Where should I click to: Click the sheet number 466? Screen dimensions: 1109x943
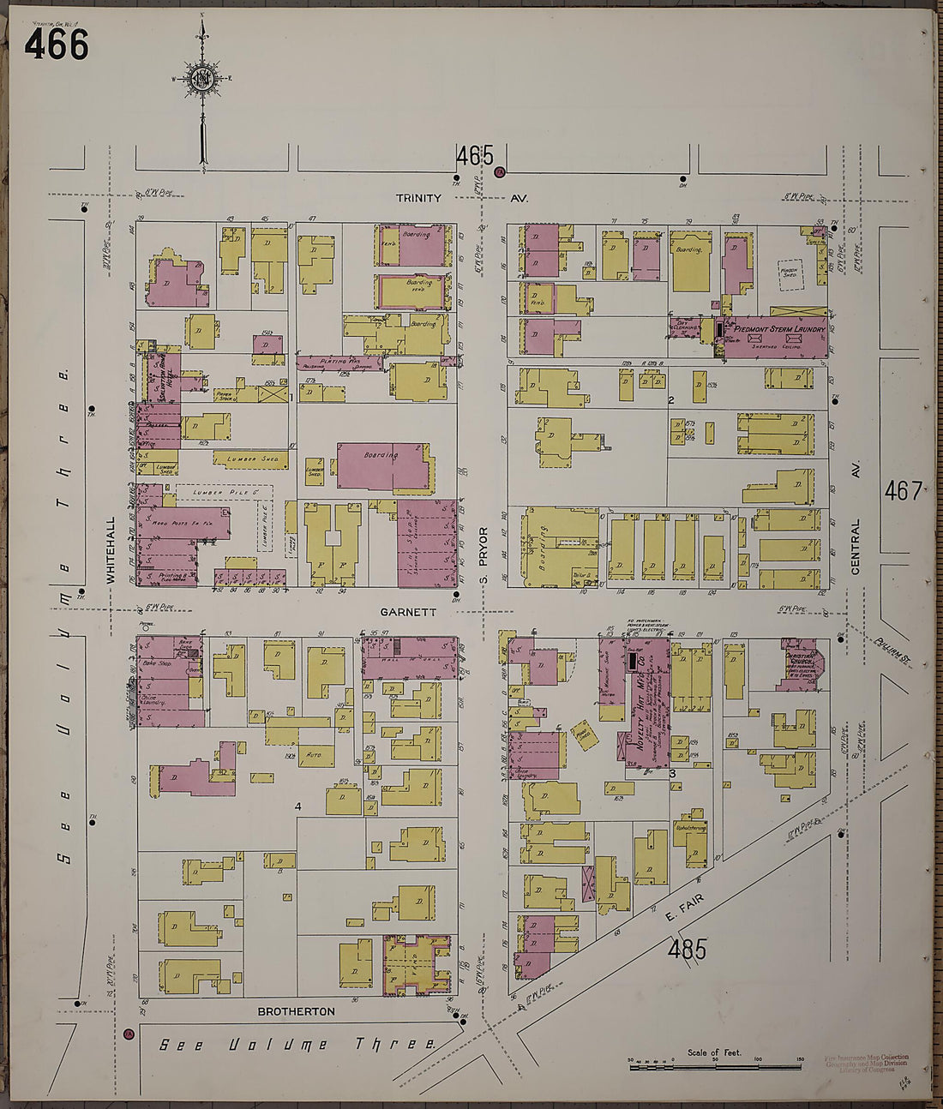pos(57,44)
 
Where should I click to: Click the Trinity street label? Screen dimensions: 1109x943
pos(418,198)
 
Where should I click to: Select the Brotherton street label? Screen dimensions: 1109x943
pos(296,1011)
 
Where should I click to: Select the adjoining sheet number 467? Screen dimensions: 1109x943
pos(904,491)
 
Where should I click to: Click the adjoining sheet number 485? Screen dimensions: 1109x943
pos(687,950)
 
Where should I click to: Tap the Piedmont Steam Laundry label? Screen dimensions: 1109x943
pos(778,329)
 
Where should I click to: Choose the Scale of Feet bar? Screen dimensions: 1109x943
pos(715,1065)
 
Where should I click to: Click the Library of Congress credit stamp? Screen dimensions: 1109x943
pos(864,1063)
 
